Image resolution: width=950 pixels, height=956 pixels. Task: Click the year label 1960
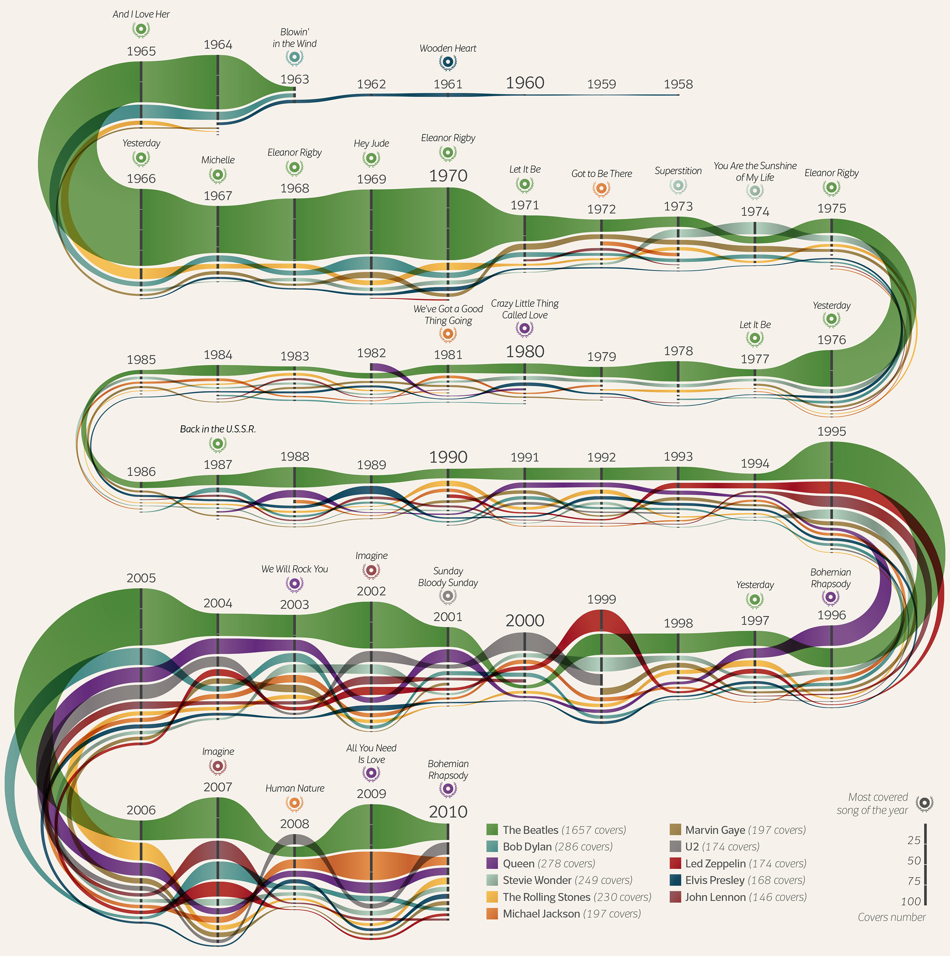coord(525,82)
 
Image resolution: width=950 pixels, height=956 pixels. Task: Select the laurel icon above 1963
coord(295,58)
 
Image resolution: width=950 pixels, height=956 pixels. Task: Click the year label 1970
coord(448,176)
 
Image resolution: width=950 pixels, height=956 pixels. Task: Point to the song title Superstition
coord(678,171)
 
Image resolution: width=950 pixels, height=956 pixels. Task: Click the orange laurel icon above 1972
coord(601,189)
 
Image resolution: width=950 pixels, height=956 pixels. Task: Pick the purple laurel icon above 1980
coord(525,329)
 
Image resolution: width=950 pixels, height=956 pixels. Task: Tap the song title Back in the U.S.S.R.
coord(218,429)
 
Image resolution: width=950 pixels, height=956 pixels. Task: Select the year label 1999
coord(601,599)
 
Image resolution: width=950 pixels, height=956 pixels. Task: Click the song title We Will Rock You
coord(295,569)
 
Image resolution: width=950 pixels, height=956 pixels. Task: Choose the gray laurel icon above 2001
coord(448,597)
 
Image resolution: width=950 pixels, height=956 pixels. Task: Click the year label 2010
coord(448,812)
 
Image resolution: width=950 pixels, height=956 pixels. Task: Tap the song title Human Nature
coord(295,788)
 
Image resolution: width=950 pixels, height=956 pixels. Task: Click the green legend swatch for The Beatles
coord(492,830)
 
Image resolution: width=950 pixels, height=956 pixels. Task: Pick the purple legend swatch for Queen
coord(492,863)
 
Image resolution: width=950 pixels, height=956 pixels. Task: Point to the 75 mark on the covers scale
coord(914,881)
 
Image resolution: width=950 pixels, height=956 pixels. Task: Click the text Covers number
coord(892,917)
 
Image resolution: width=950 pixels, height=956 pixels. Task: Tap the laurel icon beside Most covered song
coord(924,803)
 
